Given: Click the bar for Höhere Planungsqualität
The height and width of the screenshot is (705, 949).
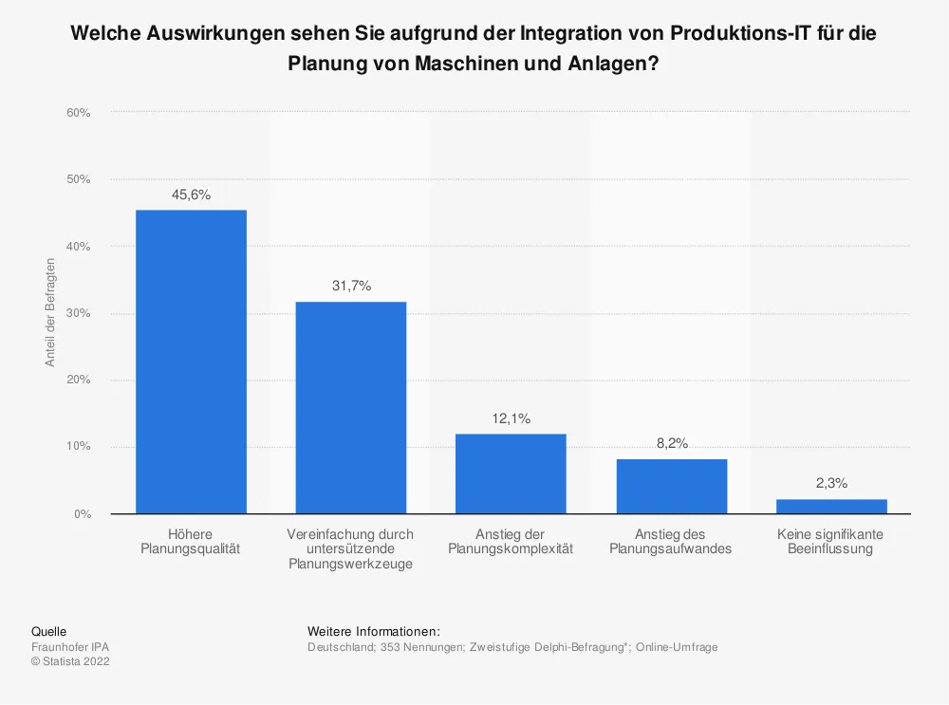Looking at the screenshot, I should (x=191, y=362).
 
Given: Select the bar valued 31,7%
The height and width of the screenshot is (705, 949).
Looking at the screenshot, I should (x=351, y=408).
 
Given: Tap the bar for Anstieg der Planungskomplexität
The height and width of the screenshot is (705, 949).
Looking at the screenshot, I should (x=511, y=473).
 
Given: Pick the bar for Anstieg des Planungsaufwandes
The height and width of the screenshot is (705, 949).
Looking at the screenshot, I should (x=671, y=487).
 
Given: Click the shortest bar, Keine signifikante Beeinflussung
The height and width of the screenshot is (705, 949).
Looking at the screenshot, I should (x=831, y=506).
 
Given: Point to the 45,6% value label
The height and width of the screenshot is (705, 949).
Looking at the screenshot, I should (x=191, y=195).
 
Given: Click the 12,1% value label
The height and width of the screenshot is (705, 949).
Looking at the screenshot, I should (x=511, y=418).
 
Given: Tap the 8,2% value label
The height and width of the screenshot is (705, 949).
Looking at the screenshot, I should (x=671, y=443).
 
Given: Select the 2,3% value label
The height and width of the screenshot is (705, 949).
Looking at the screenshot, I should (x=831, y=483).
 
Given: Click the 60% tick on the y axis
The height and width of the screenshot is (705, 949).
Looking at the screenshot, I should (x=78, y=113).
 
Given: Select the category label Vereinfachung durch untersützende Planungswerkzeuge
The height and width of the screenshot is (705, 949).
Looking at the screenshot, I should (x=350, y=548).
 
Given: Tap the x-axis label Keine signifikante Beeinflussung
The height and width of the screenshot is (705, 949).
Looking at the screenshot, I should (x=830, y=542).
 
